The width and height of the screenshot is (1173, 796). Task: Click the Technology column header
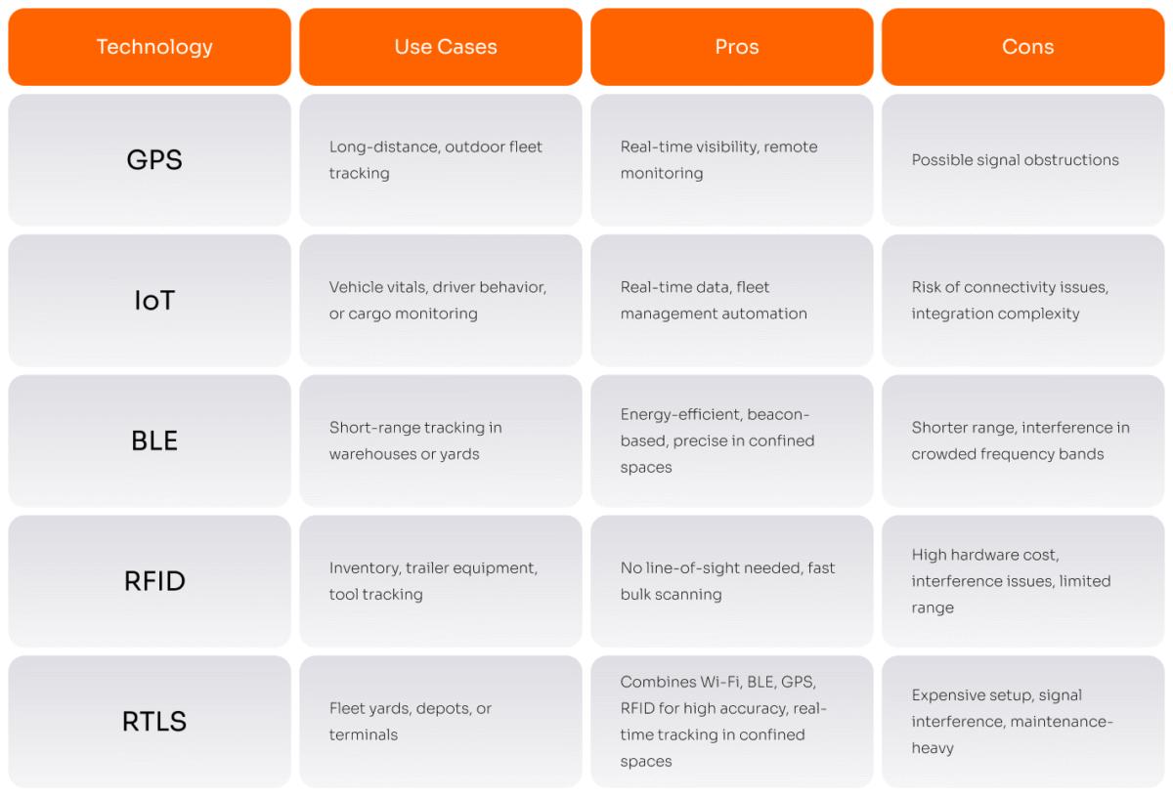(154, 47)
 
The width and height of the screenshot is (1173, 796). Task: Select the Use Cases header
(445, 47)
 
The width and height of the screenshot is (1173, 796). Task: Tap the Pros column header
(736, 47)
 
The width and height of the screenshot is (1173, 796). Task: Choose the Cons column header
(1027, 47)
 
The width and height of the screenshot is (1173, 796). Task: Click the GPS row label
(154, 160)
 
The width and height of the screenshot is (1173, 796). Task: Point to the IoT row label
(154, 301)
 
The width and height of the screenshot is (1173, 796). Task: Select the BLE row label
(154, 440)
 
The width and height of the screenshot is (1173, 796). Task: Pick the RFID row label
(154, 581)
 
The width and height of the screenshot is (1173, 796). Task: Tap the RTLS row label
(154, 722)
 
